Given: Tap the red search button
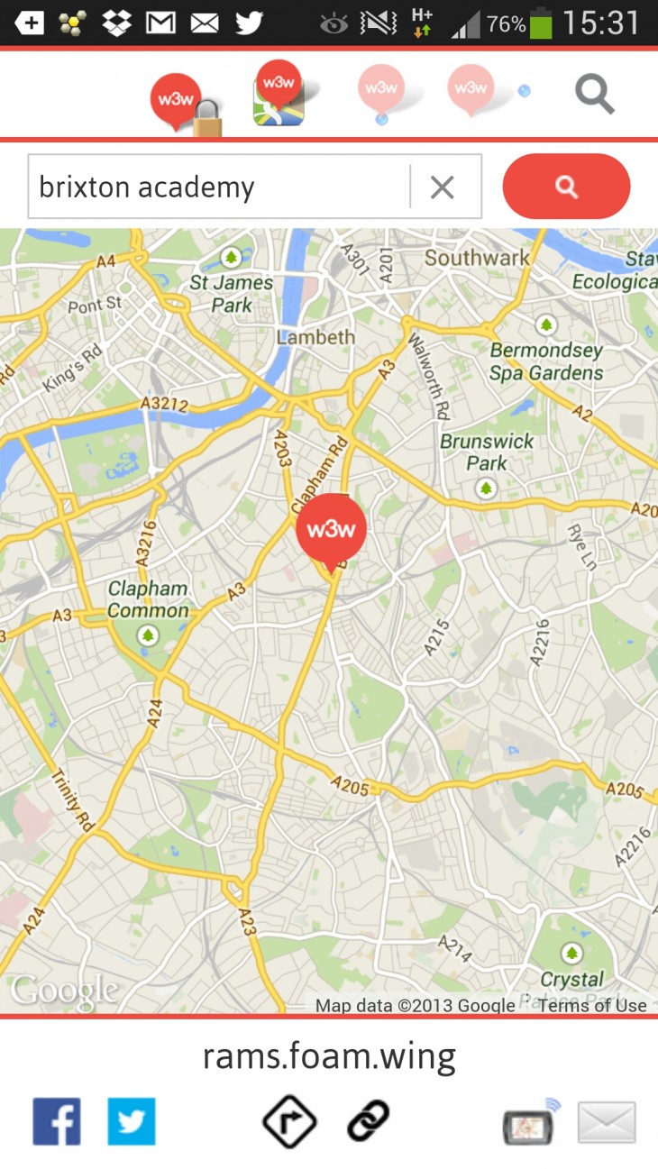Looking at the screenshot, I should pyautogui.click(x=566, y=187).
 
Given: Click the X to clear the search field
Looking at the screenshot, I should pyautogui.click(x=442, y=187).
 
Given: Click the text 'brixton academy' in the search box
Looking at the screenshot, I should pyautogui.click(x=147, y=187).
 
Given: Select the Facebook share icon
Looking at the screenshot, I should pyautogui.click(x=57, y=1121).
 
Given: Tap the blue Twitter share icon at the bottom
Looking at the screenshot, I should pyautogui.click(x=132, y=1121).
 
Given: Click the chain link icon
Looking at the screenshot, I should pyautogui.click(x=368, y=1121).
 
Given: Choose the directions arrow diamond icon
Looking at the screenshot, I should pyautogui.click(x=289, y=1121).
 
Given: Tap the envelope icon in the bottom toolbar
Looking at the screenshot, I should pyautogui.click(x=607, y=1122).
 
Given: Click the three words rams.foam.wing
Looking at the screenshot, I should pyautogui.click(x=329, y=1055).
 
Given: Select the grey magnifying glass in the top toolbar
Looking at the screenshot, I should pyautogui.click(x=595, y=94).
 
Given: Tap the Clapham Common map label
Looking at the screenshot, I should pyautogui.click(x=149, y=599).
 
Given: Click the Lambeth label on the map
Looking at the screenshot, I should pyautogui.click(x=315, y=337).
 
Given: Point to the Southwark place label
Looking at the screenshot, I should pyautogui.click(x=477, y=258).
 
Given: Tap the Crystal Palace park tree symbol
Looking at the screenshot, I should pyautogui.click(x=571, y=953).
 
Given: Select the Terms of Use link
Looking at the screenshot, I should pyautogui.click(x=592, y=1005).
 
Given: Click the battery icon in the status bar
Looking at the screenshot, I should pyautogui.click(x=541, y=23).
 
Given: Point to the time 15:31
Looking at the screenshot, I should pyautogui.click(x=601, y=23).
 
